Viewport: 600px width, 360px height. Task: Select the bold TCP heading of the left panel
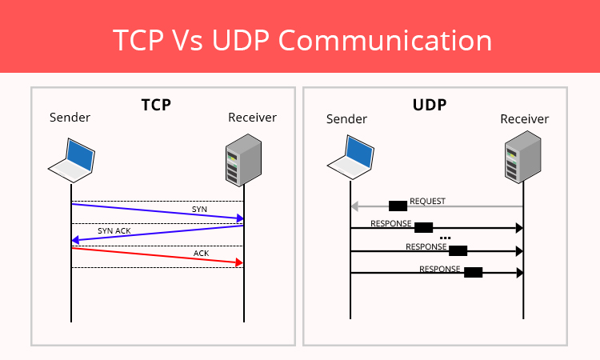(156, 105)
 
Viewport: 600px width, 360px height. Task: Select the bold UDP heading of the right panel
(430, 105)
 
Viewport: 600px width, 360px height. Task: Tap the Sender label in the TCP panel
(70, 118)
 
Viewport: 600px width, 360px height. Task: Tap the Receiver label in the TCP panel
(252, 118)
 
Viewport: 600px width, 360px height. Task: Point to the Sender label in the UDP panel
(346, 119)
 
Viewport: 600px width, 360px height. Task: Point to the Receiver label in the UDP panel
(525, 119)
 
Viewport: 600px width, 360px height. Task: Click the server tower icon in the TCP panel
(243, 159)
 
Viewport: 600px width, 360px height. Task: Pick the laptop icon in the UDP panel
(350, 157)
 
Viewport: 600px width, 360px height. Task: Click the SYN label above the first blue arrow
(199, 209)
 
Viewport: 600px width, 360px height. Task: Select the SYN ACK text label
(114, 230)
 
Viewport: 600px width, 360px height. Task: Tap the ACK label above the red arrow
(202, 254)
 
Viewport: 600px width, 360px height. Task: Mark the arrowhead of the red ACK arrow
(238, 262)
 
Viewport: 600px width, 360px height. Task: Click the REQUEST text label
(427, 202)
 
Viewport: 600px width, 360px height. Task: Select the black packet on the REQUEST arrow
(398, 206)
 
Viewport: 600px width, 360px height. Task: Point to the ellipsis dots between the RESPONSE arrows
(446, 238)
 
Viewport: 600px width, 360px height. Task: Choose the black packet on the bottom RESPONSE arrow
(473, 272)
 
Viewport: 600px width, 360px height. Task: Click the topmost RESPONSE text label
(390, 224)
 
